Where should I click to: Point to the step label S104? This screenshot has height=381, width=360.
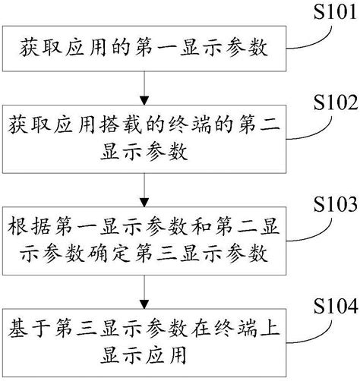click(x=329, y=307)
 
